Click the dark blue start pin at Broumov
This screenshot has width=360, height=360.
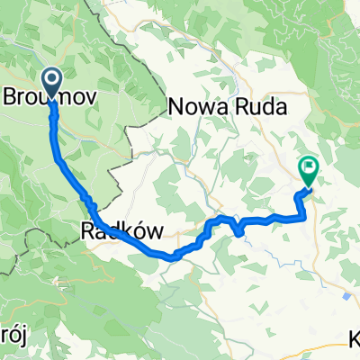click(51, 84)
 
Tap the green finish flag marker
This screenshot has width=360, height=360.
click(309, 167)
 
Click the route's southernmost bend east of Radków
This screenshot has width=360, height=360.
click(171, 256)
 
